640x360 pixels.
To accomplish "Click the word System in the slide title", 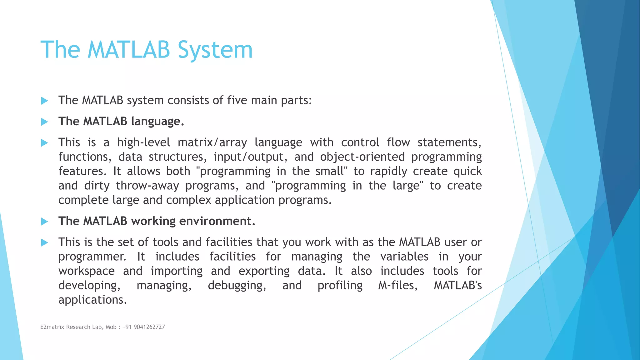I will click(x=215, y=50).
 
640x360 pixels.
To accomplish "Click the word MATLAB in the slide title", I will click(x=129, y=50).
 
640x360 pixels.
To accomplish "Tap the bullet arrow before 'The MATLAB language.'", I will click(x=44, y=122).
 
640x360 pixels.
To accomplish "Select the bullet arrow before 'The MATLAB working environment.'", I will click(x=44, y=222).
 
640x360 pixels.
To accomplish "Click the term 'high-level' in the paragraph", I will click(x=143, y=142).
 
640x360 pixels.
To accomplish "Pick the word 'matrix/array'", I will click(x=212, y=142).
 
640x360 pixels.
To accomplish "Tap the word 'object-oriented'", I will click(x=362, y=157).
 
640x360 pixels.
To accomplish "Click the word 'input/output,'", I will click(x=250, y=157).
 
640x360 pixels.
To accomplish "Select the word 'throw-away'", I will click(x=147, y=186).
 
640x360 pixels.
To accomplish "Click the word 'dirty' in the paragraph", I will click(x=97, y=186).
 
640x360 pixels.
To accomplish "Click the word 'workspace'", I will click(x=87, y=271).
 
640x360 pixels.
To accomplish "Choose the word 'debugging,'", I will click(x=237, y=286).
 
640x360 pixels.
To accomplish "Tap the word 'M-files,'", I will click(x=397, y=285).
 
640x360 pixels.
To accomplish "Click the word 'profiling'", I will click(x=340, y=286).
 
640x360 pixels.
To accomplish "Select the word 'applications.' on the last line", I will click(x=92, y=300).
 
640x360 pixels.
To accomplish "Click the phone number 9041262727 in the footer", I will click(x=149, y=327).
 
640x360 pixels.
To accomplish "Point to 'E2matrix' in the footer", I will click(x=52, y=327).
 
